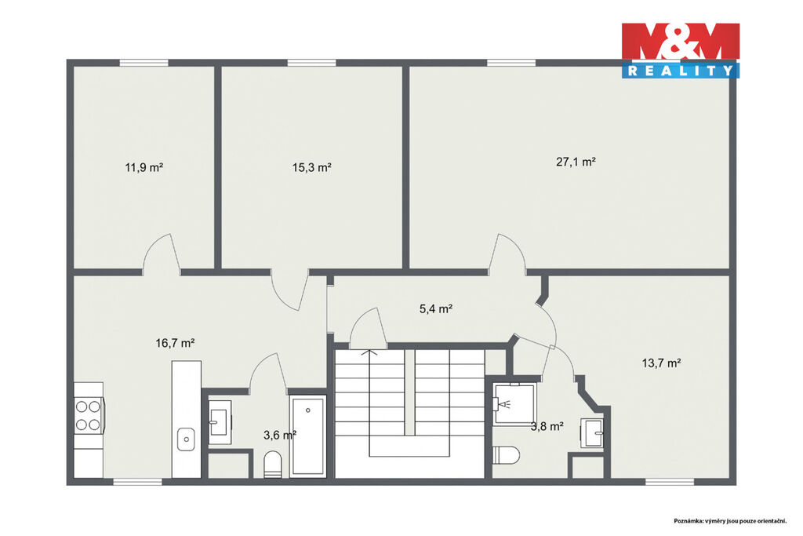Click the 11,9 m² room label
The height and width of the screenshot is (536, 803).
[144, 167]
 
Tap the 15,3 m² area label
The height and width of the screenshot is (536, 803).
[312, 167]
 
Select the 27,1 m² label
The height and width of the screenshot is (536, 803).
[576, 162]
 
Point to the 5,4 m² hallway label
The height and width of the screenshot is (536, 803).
[436, 308]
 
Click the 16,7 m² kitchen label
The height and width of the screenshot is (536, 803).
[175, 343]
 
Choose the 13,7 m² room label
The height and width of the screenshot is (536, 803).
[661, 363]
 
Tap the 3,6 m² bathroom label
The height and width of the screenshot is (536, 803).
[280, 435]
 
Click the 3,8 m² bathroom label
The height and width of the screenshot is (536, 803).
[547, 426]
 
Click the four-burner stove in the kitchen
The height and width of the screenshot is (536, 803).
[89, 416]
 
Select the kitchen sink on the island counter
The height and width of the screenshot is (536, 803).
[186, 439]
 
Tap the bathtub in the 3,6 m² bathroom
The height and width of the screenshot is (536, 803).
[307, 436]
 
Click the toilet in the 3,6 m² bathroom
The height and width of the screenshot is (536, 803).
[272, 465]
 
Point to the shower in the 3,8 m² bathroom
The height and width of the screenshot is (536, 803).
[514, 404]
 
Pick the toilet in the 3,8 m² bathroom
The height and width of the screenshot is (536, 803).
[506, 454]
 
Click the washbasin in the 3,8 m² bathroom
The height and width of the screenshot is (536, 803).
[593, 432]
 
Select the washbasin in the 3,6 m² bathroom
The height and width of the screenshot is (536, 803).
[220, 422]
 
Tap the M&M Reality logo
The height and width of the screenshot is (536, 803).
[681, 50]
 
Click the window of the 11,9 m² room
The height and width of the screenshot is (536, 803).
[144, 63]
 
